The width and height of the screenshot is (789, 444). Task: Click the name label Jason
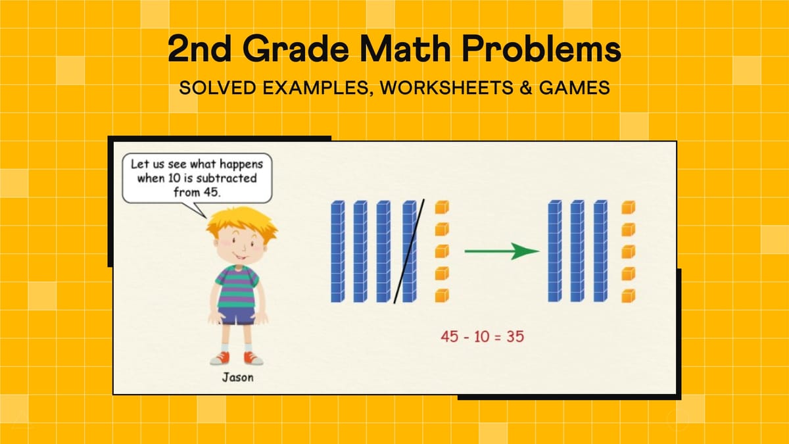(237, 378)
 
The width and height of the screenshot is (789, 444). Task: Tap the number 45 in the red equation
(450, 336)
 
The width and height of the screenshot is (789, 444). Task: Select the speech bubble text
(197, 177)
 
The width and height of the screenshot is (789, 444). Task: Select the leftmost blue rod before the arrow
(337, 252)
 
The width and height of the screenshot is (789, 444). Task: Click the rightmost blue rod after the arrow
(600, 252)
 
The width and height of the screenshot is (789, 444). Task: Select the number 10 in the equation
(481, 336)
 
